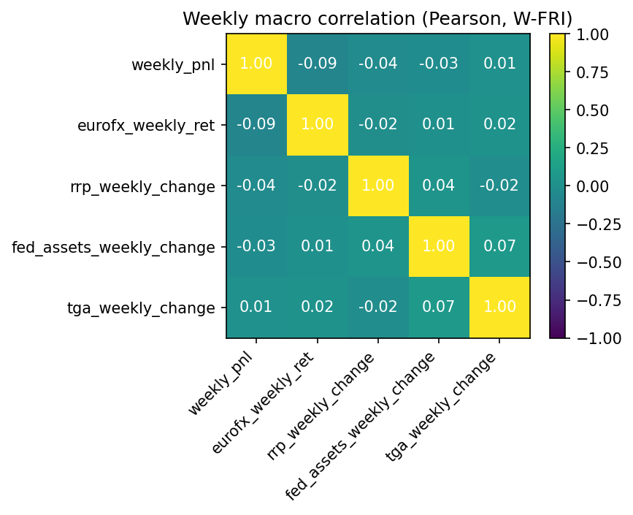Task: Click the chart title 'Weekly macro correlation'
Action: pyautogui.click(x=377, y=18)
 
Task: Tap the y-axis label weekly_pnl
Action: pyautogui.click(x=173, y=65)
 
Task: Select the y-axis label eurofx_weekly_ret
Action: pyautogui.click(x=146, y=126)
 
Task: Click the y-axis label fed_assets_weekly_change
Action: pyautogui.click(x=114, y=247)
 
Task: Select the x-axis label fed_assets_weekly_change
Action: pyautogui.click(x=361, y=425)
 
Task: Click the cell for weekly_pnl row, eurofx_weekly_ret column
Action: pyautogui.click(x=317, y=64)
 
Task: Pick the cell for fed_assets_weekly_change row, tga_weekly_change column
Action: pyautogui.click(x=499, y=246)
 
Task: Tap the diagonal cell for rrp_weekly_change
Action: pyautogui.click(x=377, y=186)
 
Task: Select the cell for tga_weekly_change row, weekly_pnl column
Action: pyautogui.click(x=256, y=307)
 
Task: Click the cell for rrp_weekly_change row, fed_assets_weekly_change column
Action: pyautogui.click(x=438, y=186)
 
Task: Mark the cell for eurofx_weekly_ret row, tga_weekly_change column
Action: pyautogui.click(x=499, y=125)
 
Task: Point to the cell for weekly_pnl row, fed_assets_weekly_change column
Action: pyautogui.click(x=438, y=64)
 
